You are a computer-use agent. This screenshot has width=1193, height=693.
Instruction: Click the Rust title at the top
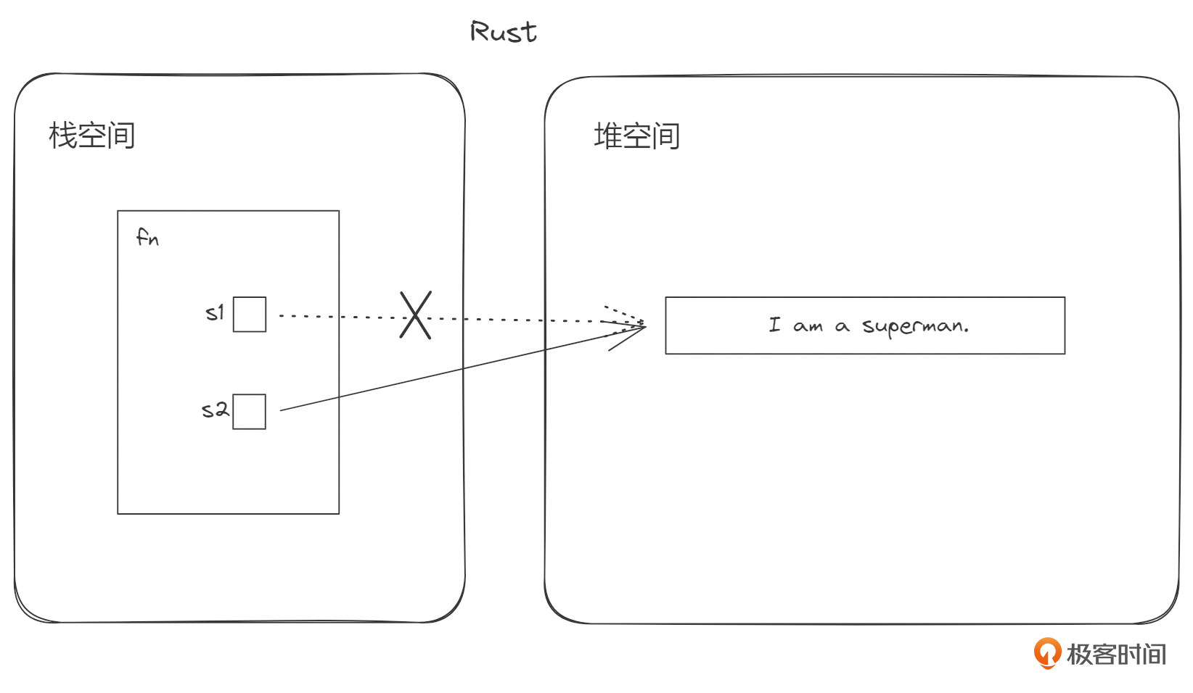coord(504,32)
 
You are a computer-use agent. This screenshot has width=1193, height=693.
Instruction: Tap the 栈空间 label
coord(92,136)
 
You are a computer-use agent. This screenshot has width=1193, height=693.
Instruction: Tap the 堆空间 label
coord(636,136)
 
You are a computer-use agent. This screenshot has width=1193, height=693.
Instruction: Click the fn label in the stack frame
coord(147,237)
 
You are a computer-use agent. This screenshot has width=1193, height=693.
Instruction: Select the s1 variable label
coord(215,313)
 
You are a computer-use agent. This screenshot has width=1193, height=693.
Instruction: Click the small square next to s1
coord(250,315)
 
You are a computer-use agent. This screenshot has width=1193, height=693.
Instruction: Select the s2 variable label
coord(215,410)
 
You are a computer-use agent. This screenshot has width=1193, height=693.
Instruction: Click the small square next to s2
coord(250,412)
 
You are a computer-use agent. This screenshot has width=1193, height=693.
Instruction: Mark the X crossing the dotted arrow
coord(416,315)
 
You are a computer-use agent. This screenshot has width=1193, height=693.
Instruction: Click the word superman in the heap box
coord(915,326)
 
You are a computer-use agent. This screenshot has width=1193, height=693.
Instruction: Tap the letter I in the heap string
coord(775,325)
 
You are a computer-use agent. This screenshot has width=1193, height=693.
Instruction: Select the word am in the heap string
coord(808,327)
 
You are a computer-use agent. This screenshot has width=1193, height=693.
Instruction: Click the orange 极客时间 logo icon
coord(1046,653)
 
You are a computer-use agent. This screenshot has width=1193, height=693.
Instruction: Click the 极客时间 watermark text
coord(1116,654)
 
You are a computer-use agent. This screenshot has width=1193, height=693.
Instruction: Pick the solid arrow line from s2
coord(450,372)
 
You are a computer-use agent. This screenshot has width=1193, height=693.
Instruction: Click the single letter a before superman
coord(842,327)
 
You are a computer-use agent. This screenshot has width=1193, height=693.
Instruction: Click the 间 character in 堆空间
coord(665,136)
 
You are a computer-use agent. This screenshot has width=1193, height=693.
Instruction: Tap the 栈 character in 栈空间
coord(63,136)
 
